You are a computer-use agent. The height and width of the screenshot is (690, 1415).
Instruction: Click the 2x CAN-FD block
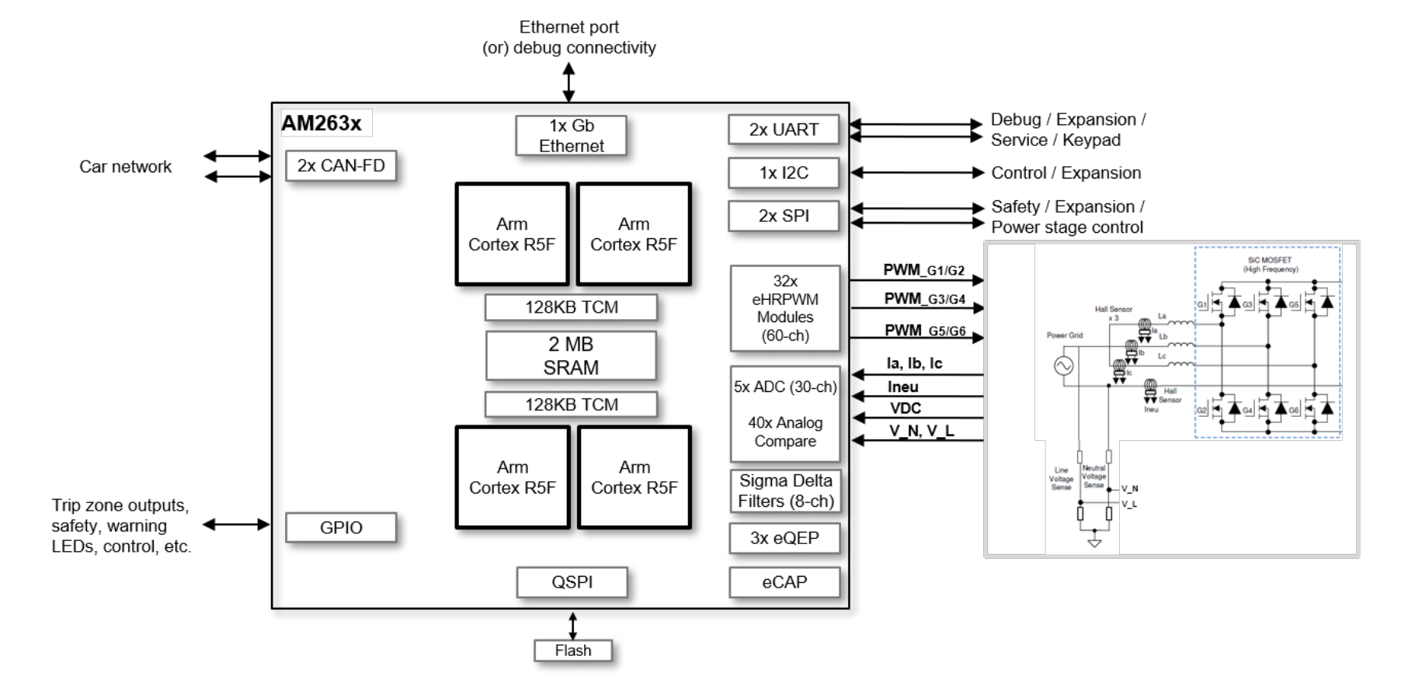341,165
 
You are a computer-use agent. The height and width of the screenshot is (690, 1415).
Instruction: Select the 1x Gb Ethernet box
571,136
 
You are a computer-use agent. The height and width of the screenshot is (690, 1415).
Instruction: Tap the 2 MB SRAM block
571,355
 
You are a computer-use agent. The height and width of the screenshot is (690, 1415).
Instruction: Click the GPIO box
341,528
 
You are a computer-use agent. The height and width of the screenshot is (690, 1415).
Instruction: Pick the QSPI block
572,582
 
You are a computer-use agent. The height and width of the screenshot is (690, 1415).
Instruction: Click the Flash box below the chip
573,650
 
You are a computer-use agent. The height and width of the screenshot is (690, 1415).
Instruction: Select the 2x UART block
784,130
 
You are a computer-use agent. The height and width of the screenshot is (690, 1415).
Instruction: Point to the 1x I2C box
784,173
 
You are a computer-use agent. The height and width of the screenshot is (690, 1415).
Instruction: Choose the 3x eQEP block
784,538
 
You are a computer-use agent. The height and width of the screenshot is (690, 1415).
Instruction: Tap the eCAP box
784,582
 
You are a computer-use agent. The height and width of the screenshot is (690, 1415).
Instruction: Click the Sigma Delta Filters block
785,491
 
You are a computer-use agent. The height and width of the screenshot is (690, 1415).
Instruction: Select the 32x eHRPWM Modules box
785,308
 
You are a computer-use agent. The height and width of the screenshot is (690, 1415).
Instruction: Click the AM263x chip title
322,123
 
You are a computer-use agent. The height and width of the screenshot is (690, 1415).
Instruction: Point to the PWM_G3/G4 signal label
924,299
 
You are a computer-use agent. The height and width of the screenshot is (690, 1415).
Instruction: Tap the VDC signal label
906,408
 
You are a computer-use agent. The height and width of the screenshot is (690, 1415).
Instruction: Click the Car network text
125,167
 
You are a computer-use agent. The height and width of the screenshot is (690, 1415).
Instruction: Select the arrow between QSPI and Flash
572,626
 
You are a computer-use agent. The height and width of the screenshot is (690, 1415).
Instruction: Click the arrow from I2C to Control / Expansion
916,173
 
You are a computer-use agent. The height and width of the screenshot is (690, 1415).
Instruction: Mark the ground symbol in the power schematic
1094,542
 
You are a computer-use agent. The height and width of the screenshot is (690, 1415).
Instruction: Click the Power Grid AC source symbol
1063,365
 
